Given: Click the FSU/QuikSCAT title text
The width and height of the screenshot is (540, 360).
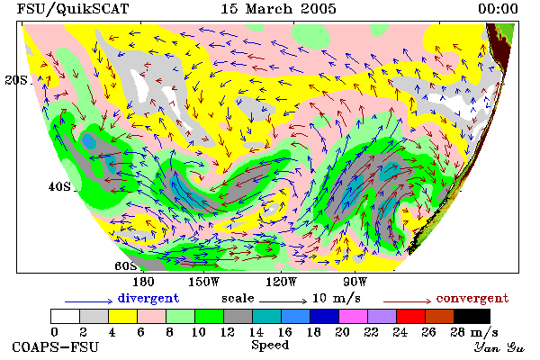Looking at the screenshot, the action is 73,9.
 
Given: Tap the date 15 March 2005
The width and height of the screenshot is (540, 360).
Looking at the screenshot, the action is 278,9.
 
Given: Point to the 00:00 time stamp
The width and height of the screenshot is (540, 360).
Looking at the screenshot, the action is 498,9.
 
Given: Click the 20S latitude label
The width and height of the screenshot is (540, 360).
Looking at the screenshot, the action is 16,80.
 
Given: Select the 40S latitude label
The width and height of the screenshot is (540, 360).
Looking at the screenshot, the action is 59,186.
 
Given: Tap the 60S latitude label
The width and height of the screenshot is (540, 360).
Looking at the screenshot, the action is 126,265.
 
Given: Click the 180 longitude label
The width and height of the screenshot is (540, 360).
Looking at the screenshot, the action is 143,282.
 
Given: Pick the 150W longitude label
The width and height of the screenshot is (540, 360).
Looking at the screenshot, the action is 204,282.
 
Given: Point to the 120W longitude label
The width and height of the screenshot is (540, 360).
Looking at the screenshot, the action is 281,282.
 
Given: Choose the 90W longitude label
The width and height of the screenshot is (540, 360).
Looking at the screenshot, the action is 355,282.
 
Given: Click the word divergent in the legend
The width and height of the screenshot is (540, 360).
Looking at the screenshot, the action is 148,298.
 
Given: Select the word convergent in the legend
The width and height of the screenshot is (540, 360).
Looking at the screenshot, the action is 472,298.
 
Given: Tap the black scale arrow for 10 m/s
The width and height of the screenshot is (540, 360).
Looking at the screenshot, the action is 283,301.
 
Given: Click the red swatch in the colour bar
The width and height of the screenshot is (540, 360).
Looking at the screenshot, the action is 410,316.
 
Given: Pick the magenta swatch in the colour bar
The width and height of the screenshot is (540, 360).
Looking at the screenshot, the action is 353,316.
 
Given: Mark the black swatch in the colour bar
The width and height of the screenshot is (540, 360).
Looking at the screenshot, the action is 472,316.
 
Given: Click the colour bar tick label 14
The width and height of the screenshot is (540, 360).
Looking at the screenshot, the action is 256,332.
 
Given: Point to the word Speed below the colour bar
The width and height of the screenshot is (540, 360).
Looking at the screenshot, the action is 270,346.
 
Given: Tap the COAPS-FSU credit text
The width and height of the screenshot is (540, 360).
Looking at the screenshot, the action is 56,346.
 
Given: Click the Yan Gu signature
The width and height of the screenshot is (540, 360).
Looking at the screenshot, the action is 499,347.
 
